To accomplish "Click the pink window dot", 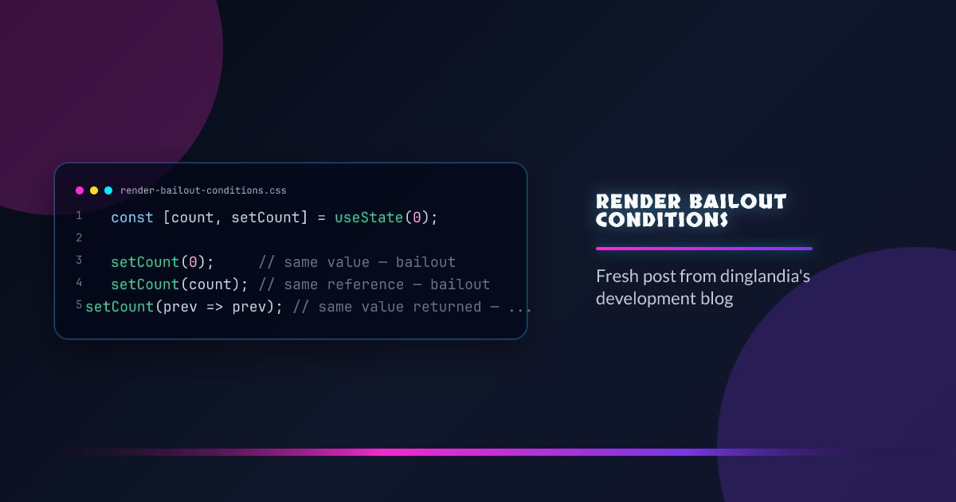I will pos(80,190).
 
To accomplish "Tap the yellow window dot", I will pos(94,190).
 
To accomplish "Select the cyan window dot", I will pos(108,190).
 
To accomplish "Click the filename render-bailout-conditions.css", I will pos(203,190).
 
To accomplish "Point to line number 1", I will pos(79,216).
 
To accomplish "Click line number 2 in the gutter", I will pos(79,238).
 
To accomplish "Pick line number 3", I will pos(79,261).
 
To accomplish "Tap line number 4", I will pos(79,283).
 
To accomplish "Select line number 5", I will pos(79,305).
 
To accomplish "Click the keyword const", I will pos(132,218).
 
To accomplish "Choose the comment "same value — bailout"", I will pos(358,262).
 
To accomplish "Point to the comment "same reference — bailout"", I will pos(374,284).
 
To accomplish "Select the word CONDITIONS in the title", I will pos(662,219).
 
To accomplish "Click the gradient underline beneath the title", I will pos(704,249).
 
